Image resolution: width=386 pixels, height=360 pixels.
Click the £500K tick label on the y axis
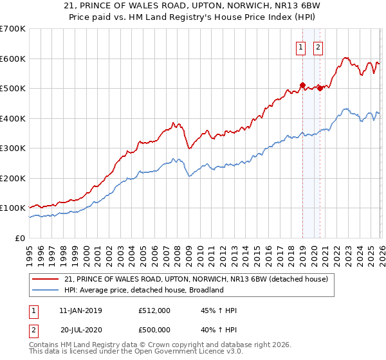click(12, 89)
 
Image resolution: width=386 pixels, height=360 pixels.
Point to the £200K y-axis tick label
click(12, 178)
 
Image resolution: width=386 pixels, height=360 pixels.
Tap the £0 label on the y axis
click(19, 238)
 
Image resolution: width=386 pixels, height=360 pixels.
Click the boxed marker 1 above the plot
click(301, 46)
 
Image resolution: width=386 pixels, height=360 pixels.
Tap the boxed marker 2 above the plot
click(318, 46)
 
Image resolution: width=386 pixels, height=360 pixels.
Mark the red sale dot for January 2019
click(302, 85)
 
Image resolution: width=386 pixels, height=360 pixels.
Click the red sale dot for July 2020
click(320, 88)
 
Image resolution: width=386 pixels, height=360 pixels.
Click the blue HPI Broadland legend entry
click(143, 291)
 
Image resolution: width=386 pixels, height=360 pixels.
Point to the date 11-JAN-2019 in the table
click(80, 310)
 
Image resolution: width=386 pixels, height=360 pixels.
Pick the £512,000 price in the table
click(154, 310)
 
